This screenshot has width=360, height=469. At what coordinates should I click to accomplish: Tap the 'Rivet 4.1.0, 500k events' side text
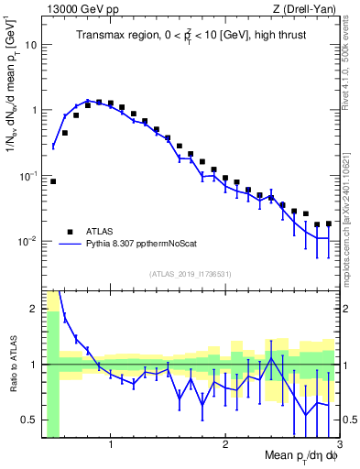pyautogui.click(x=351, y=64)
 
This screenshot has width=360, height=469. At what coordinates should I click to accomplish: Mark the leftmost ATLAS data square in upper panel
pyautogui.click(x=53, y=181)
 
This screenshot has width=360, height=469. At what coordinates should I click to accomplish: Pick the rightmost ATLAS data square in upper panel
pyautogui.click(x=329, y=224)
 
